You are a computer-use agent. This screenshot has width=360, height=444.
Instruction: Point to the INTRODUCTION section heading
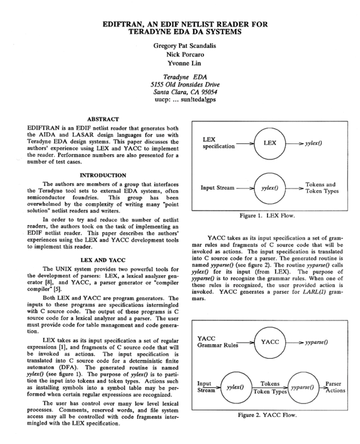pyautogui.click(x=101, y=175)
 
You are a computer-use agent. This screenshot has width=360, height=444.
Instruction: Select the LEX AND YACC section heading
pyautogui.click(x=101, y=260)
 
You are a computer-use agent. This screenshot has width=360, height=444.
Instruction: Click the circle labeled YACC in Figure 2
pyautogui.click(x=266, y=341)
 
